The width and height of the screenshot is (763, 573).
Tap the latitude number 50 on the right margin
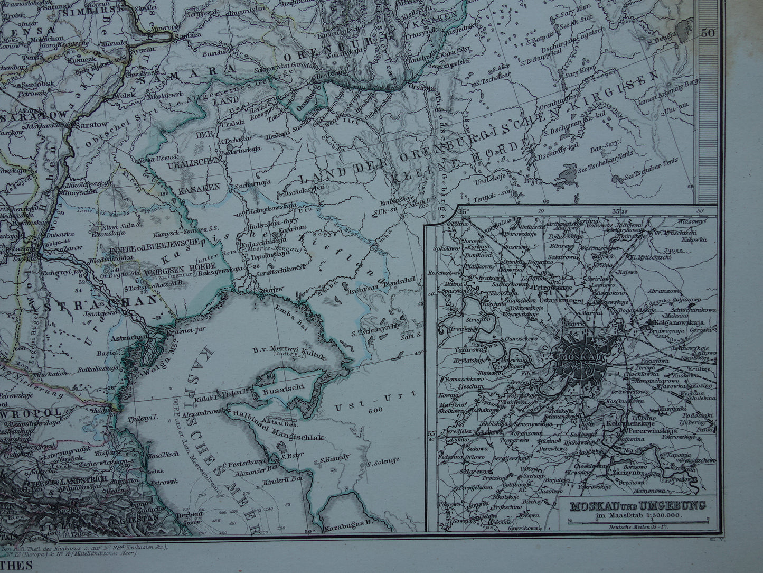click(x=708, y=33)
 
